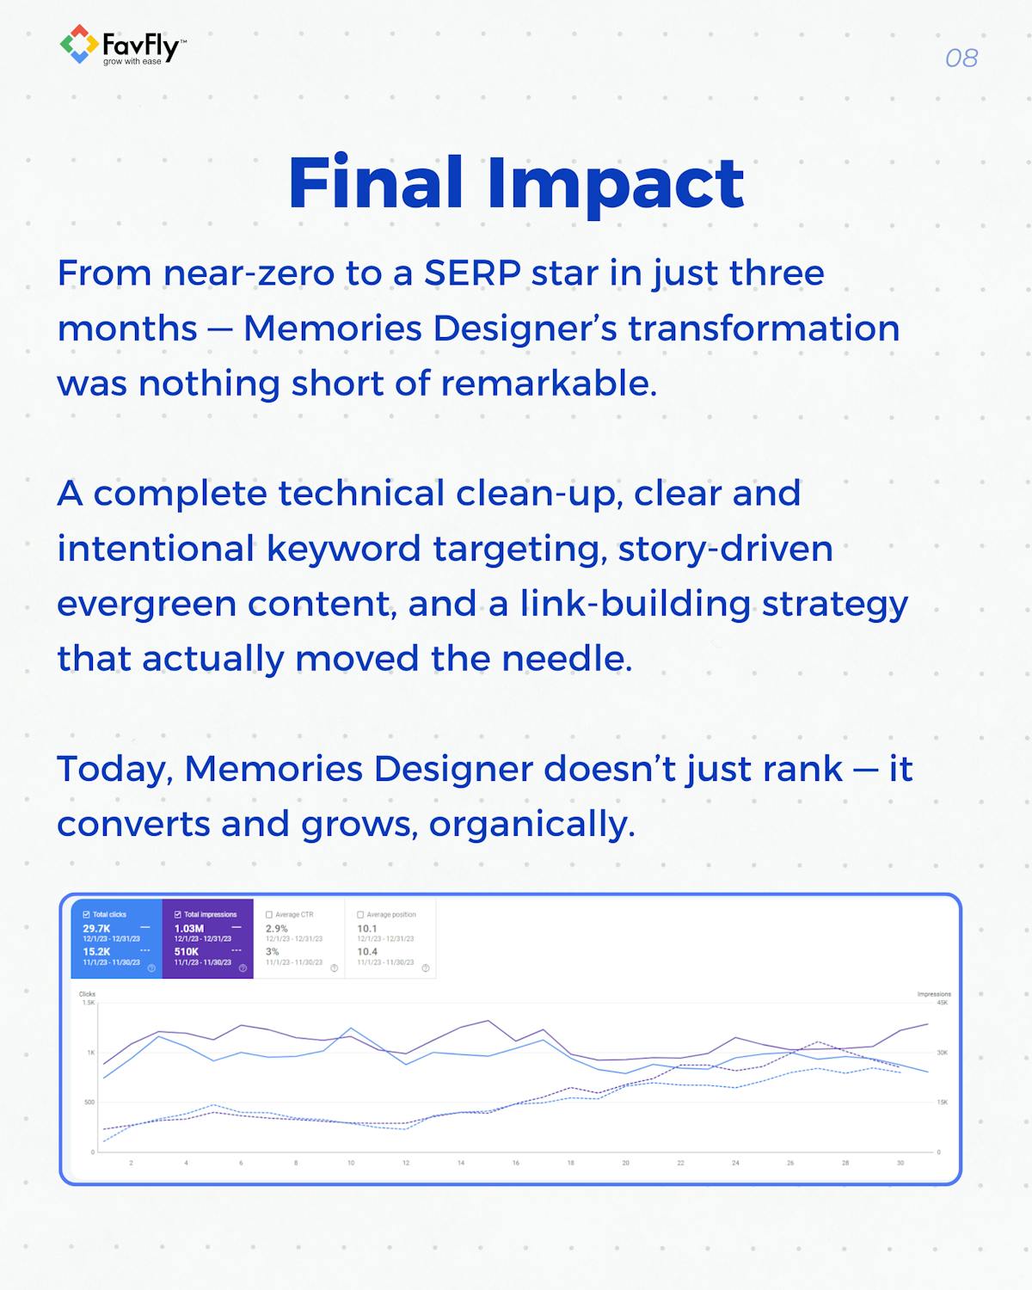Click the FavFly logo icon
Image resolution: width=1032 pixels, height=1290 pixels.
pos(78,44)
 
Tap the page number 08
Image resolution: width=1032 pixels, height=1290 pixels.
pos(961,58)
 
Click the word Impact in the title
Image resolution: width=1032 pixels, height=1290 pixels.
pos(616,183)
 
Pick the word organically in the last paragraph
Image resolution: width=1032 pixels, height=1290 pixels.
pos(531,824)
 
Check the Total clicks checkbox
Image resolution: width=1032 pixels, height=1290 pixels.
pos(86,914)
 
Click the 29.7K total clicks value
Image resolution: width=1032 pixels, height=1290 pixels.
pos(96,929)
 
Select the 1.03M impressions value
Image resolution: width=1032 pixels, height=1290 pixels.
pos(188,929)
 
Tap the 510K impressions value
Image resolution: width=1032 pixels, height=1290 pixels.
pos(186,952)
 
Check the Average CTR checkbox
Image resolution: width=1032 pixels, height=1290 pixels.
pos(269,914)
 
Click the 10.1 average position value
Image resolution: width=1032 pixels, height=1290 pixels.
pos(366,929)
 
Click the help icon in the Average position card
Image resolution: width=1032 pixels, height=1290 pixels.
pos(426,968)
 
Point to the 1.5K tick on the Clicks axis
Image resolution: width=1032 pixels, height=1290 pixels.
pos(89,1003)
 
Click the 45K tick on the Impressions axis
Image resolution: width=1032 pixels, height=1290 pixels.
pos(942,1003)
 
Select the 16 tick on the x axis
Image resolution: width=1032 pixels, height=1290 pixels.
pos(515,1163)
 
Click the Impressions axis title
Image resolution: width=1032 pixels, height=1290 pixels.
pos(934,994)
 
